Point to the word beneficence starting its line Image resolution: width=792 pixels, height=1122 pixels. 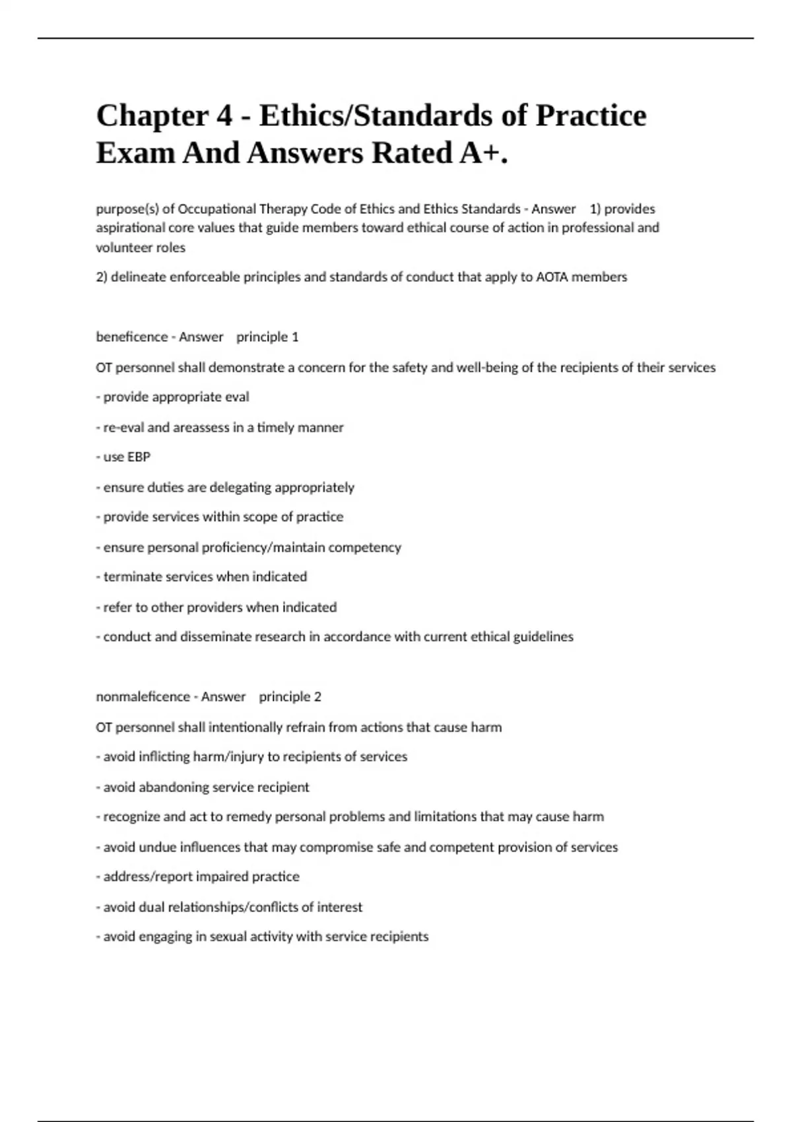(x=131, y=337)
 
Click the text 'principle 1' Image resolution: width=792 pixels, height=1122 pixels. (x=267, y=337)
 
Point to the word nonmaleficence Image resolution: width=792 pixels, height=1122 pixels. (x=143, y=697)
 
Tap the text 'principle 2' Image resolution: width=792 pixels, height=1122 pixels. (x=290, y=697)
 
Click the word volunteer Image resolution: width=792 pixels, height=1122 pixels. (x=123, y=248)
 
